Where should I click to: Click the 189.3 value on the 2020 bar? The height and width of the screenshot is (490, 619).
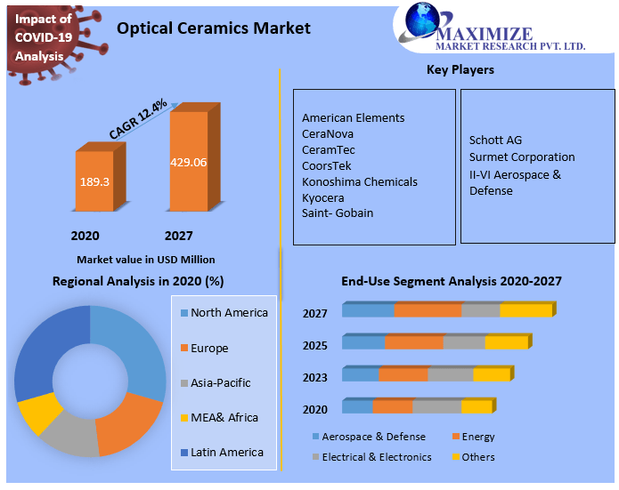(x=94, y=181)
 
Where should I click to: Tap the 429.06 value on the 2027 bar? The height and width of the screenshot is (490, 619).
(x=188, y=163)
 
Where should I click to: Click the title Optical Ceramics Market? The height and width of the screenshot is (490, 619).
(x=214, y=28)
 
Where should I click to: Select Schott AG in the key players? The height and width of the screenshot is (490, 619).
(x=495, y=141)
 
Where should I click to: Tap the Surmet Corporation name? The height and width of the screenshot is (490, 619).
(x=522, y=157)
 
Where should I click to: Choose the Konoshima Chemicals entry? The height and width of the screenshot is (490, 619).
(x=359, y=181)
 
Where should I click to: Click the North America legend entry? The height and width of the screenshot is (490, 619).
(x=229, y=313)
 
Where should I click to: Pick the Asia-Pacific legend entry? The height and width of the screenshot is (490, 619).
(x=220, y=383)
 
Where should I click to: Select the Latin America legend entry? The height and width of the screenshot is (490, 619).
(x=226, y=453)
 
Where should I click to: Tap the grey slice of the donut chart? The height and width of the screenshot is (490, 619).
(x=70, y=434)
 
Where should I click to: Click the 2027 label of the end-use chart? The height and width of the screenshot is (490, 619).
(x=315, y=313)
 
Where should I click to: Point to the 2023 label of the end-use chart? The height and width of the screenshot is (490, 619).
(x=315, y=377)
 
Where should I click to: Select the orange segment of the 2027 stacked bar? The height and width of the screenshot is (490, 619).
(x=428, y=310)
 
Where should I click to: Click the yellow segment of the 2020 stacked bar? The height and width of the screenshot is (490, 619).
(x=476, y=407)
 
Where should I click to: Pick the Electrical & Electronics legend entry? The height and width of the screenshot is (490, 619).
(x=376, y=457)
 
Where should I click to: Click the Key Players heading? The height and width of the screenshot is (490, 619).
(x=460, y=69)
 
